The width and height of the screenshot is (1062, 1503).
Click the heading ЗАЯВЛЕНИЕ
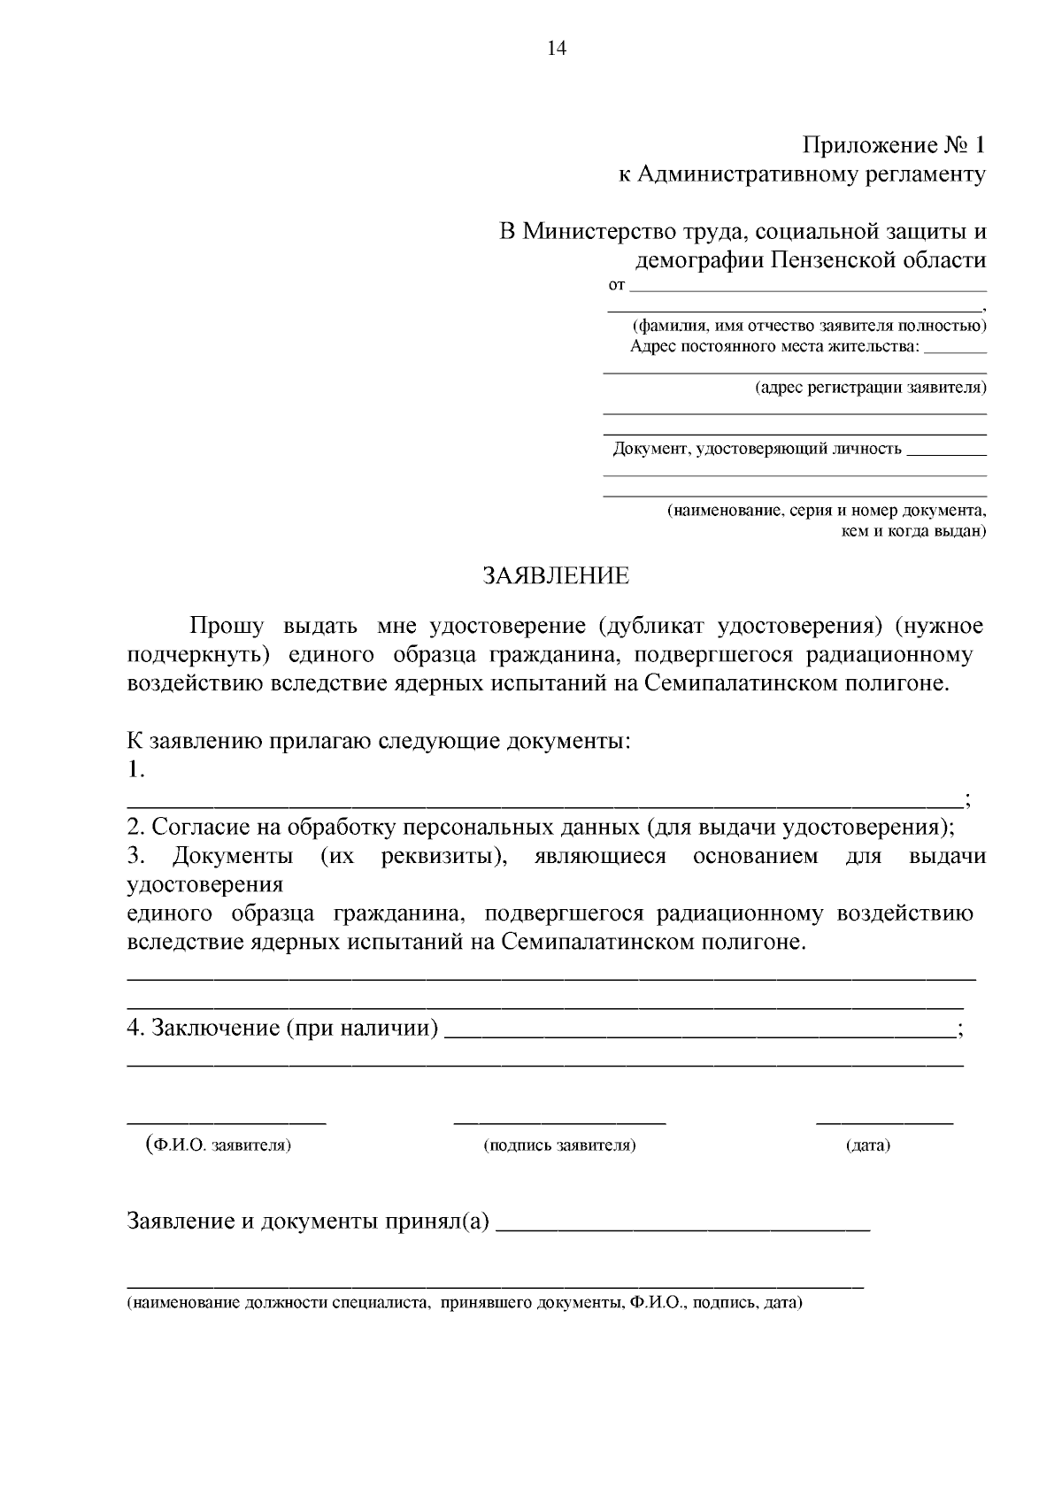[555, 576]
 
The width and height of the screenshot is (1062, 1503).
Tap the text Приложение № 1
[893, 145]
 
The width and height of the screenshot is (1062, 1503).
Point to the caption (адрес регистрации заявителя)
[870, 388]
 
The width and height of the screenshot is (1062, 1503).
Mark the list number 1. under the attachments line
[136, 770]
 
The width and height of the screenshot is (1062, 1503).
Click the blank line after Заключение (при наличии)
[699, 1034]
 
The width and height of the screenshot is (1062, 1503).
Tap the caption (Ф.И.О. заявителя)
[219, 1145]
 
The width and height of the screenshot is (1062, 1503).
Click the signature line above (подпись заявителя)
[559, 1122]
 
